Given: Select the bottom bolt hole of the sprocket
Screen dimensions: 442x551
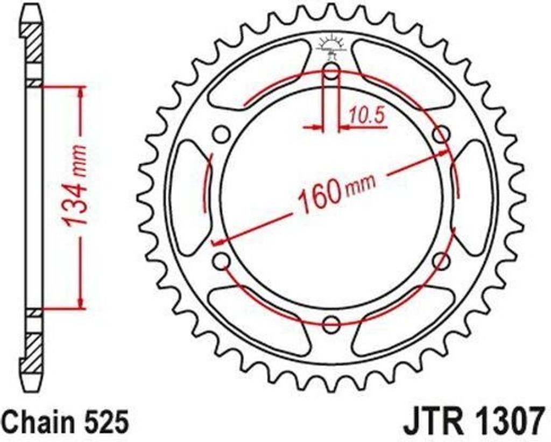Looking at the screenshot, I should (x=332, y=325).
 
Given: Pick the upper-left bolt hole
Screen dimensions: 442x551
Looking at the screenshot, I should (x=221, y=135).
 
